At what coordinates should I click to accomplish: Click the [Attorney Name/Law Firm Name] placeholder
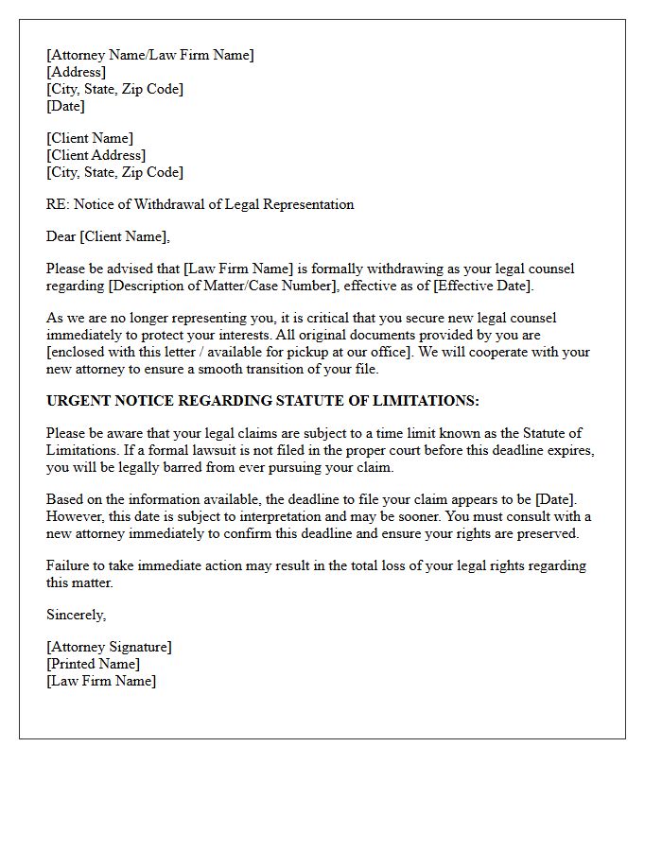(150, 55)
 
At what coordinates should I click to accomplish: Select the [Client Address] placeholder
(96, 155)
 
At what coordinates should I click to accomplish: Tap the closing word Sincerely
(76, 615)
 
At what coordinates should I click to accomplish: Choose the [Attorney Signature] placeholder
(109, 647)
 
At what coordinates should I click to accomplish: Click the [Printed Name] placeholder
(93, 664)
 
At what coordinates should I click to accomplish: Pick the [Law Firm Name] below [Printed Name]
(101, 681)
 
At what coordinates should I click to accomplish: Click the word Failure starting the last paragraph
(69, 565)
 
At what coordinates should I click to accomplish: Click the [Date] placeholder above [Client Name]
(65, 106)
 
